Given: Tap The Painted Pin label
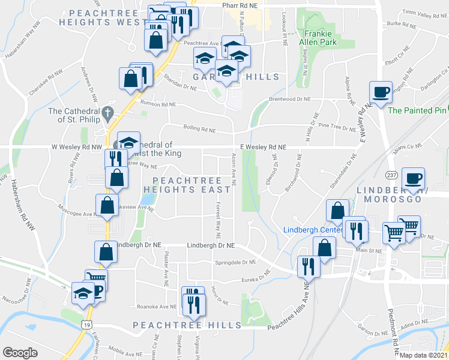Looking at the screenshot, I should [x=417, y=110].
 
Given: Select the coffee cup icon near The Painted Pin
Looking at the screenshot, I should [x=381, y=92].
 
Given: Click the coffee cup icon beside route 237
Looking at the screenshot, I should [x=413, y=178].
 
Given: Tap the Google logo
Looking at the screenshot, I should [x=20, y=353].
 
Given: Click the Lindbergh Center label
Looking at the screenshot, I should [x=307, y=230].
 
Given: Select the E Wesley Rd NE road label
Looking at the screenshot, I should [x=263, y=146].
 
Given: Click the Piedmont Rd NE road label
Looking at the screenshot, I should [x=396, y=331].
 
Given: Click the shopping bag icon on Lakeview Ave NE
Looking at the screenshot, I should [x=106, y=205].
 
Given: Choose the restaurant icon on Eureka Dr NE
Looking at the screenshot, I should [x=309, y=266].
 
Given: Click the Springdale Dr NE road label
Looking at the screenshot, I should [x=236, y=262].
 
